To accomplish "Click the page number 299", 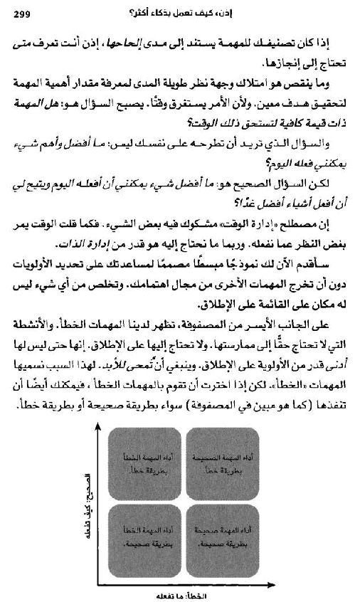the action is click(23, 11).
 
